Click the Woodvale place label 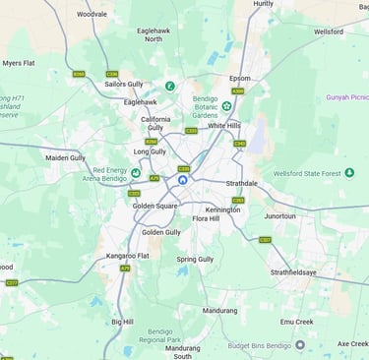[92, 15]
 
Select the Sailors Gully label [124, 86]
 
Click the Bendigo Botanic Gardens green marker [226, 105]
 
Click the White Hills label [223, 126]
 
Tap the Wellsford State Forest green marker [349, 173]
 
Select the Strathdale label [240, 182]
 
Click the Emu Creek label [296, 321]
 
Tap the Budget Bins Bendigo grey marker [300, 345]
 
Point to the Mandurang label [219, 311]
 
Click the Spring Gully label [194, 259]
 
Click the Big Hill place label [122, 322]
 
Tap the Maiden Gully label [65, 157]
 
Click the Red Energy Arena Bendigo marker [136, 173]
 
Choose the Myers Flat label [18, 63]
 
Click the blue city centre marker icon [183, 180]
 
